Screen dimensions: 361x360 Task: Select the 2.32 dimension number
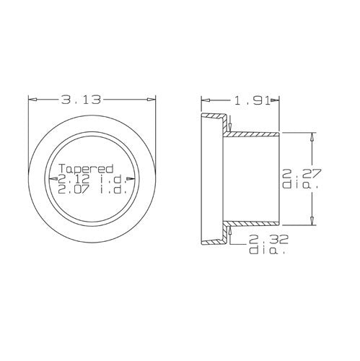pyautogui.click(x=268, y=239)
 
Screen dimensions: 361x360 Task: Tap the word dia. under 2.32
pyautogui.click(x=268, y=251)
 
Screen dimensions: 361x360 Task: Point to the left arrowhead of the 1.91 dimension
pyautogui.click(x=204, y=100)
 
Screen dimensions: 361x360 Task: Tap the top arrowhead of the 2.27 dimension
pyautogui.click(x=312, y=136)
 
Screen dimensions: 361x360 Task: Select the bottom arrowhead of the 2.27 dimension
pyautogui.click(x=312, y=221)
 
